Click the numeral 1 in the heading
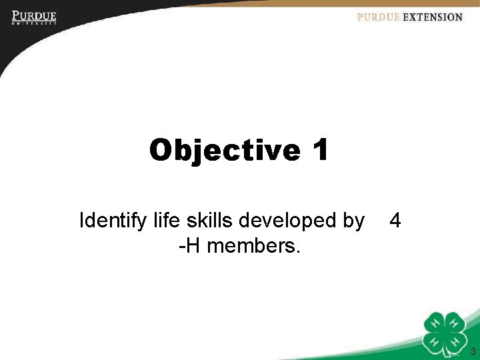coord(319,150)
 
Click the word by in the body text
coord(353,220)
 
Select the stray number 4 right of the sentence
coord(395,220)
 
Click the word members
coord(254,247)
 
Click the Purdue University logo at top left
coord(33,17)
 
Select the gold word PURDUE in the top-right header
coord(378,17)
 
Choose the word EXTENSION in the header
coord(432,17)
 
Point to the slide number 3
coord(472,351)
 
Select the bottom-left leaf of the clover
coord(435,342)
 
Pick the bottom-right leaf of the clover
coord(455,342)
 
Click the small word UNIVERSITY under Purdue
coord(33,23)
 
